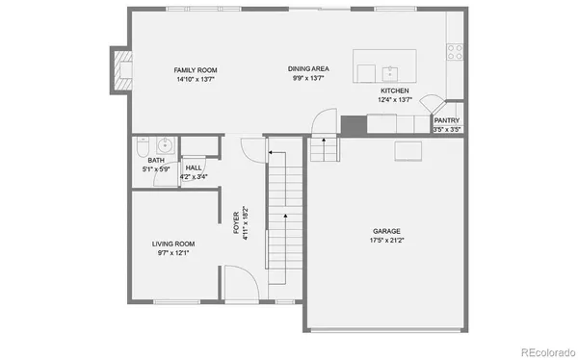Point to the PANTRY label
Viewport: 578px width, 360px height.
click(x=446, y=120)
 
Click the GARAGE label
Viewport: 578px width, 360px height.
click(x=387, y=231)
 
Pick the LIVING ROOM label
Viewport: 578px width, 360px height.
click(x=173, y=244)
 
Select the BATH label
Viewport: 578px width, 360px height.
click(x=156, y=161)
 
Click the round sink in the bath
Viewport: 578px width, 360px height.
click(x=165, y=145)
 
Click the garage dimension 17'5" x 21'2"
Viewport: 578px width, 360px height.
click(x=387, y=241)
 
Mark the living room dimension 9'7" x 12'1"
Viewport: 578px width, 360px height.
click(x=173, y=253)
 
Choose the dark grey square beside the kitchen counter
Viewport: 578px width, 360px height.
click(x=354, y=123)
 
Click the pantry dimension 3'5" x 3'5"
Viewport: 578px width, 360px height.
click(x=446, y=129)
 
